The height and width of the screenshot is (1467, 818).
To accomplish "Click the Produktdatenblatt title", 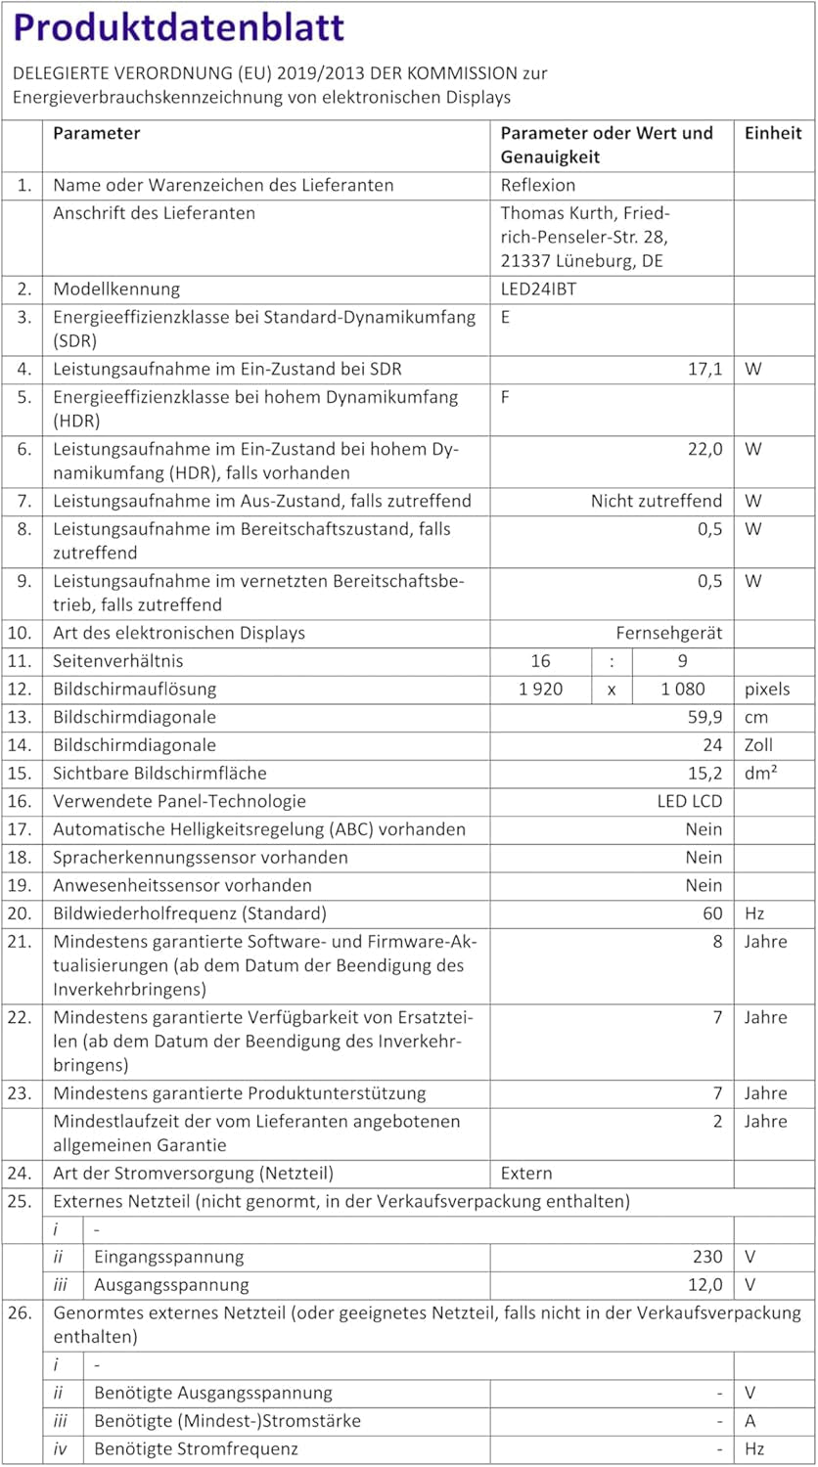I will pos(179,26).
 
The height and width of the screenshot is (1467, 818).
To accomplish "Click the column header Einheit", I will pos(773,133).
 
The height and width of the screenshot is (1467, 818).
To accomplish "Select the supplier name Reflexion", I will pos(538,185).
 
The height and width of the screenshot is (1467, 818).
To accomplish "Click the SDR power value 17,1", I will pos(704,369).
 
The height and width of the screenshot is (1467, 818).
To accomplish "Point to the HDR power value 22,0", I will pos(704,449).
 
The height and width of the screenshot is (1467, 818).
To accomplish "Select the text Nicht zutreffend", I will pos(656,501).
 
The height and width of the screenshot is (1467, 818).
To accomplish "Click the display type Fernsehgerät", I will pos(668,633).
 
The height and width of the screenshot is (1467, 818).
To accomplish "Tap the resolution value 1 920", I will pos(540,689).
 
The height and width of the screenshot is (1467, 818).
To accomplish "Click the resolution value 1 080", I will pos(682,689).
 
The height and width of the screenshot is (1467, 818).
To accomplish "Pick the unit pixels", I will pos(767,689).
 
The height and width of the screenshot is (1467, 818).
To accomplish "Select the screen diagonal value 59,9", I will pos(704,717).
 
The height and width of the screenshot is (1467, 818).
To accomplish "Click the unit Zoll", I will pos(758,745).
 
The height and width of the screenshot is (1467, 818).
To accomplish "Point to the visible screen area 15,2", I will pos(704,773).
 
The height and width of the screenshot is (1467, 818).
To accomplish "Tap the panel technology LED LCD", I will pos(689,801).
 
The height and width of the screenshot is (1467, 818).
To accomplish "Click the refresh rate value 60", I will pos(712,913).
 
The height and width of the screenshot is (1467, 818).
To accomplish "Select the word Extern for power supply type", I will pos(526,1173).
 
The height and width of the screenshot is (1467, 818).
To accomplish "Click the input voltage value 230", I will pos(707,1257).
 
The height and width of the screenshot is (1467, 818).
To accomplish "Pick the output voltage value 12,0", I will pos(704,1285).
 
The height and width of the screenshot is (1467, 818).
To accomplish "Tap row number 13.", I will pos(20,717).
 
